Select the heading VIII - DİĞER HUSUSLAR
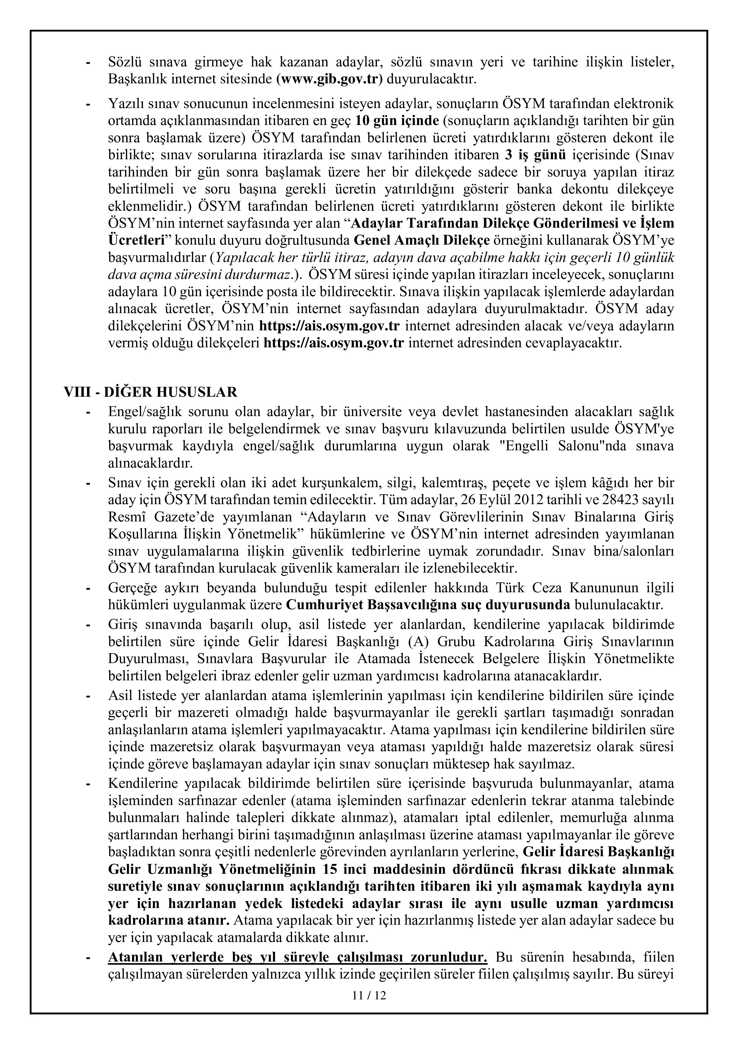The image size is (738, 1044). pyautogui.click(x=151, y=392)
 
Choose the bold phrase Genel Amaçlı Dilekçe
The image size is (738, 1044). pyautogui.click(x=422, y=240)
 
